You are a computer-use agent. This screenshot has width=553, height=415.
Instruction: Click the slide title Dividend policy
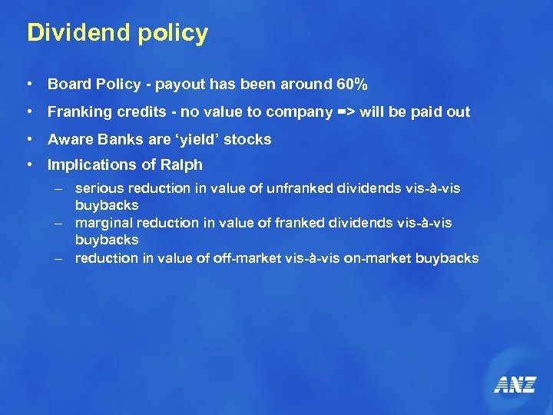118,33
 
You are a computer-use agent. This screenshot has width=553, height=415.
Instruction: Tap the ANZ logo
515,384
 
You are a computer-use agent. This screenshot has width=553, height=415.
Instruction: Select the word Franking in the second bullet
79,112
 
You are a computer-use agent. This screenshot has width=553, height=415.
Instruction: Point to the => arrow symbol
346,112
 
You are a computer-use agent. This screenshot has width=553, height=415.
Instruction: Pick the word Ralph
182,164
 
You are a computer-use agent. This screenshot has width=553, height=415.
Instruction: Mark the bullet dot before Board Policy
28,84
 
